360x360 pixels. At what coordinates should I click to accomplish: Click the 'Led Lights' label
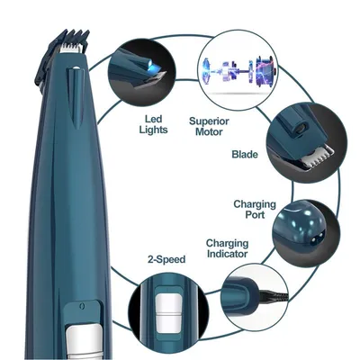[x=153, y=124]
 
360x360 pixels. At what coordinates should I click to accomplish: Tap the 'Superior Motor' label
[x=209, y=126]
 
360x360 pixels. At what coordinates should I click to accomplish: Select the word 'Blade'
[x=245, y=154]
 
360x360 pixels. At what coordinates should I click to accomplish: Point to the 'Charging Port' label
[x=255, y=210]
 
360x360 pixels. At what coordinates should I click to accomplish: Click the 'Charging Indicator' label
[x=228, y=248]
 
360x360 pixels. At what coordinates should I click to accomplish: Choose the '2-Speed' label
[x=166, y=259]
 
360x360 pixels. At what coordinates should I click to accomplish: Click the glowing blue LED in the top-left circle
[x=151, y=67]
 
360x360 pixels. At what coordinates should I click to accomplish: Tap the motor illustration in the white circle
[x=238, y=71]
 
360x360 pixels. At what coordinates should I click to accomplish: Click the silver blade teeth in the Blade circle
[x=318, y=157]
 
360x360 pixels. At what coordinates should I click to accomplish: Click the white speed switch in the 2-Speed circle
[x=169, y=312]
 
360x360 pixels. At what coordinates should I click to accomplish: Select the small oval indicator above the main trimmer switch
[x=82, y=306]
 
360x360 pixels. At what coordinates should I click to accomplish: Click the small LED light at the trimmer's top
[x=76, y=68]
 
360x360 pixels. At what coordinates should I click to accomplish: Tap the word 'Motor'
[x=209, y=131]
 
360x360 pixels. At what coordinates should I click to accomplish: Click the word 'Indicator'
[x=228, y=254]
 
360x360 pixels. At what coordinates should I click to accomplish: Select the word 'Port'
[x=255, y=215]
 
